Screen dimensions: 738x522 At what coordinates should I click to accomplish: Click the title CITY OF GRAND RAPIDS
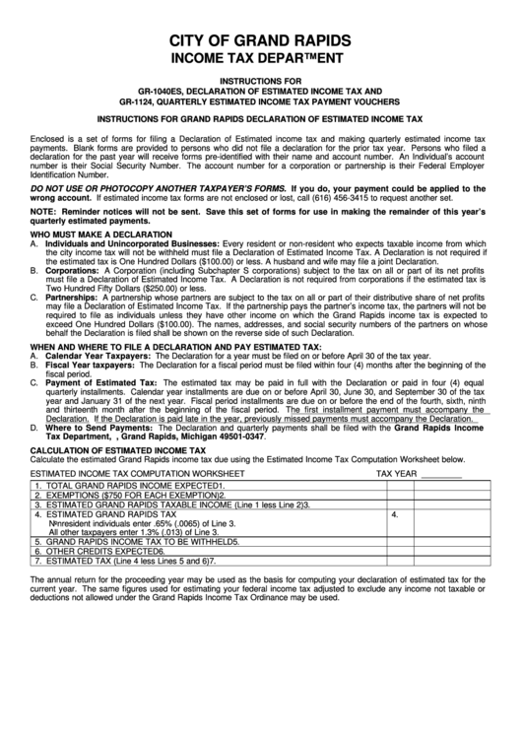pyautogui.click(x=260, y=40)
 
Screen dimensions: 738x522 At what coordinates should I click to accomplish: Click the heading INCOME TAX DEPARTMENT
pyautogui.click(x=260, y=58)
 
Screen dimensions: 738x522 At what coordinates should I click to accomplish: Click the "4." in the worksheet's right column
pyautogui.click(x=394, y=514)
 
